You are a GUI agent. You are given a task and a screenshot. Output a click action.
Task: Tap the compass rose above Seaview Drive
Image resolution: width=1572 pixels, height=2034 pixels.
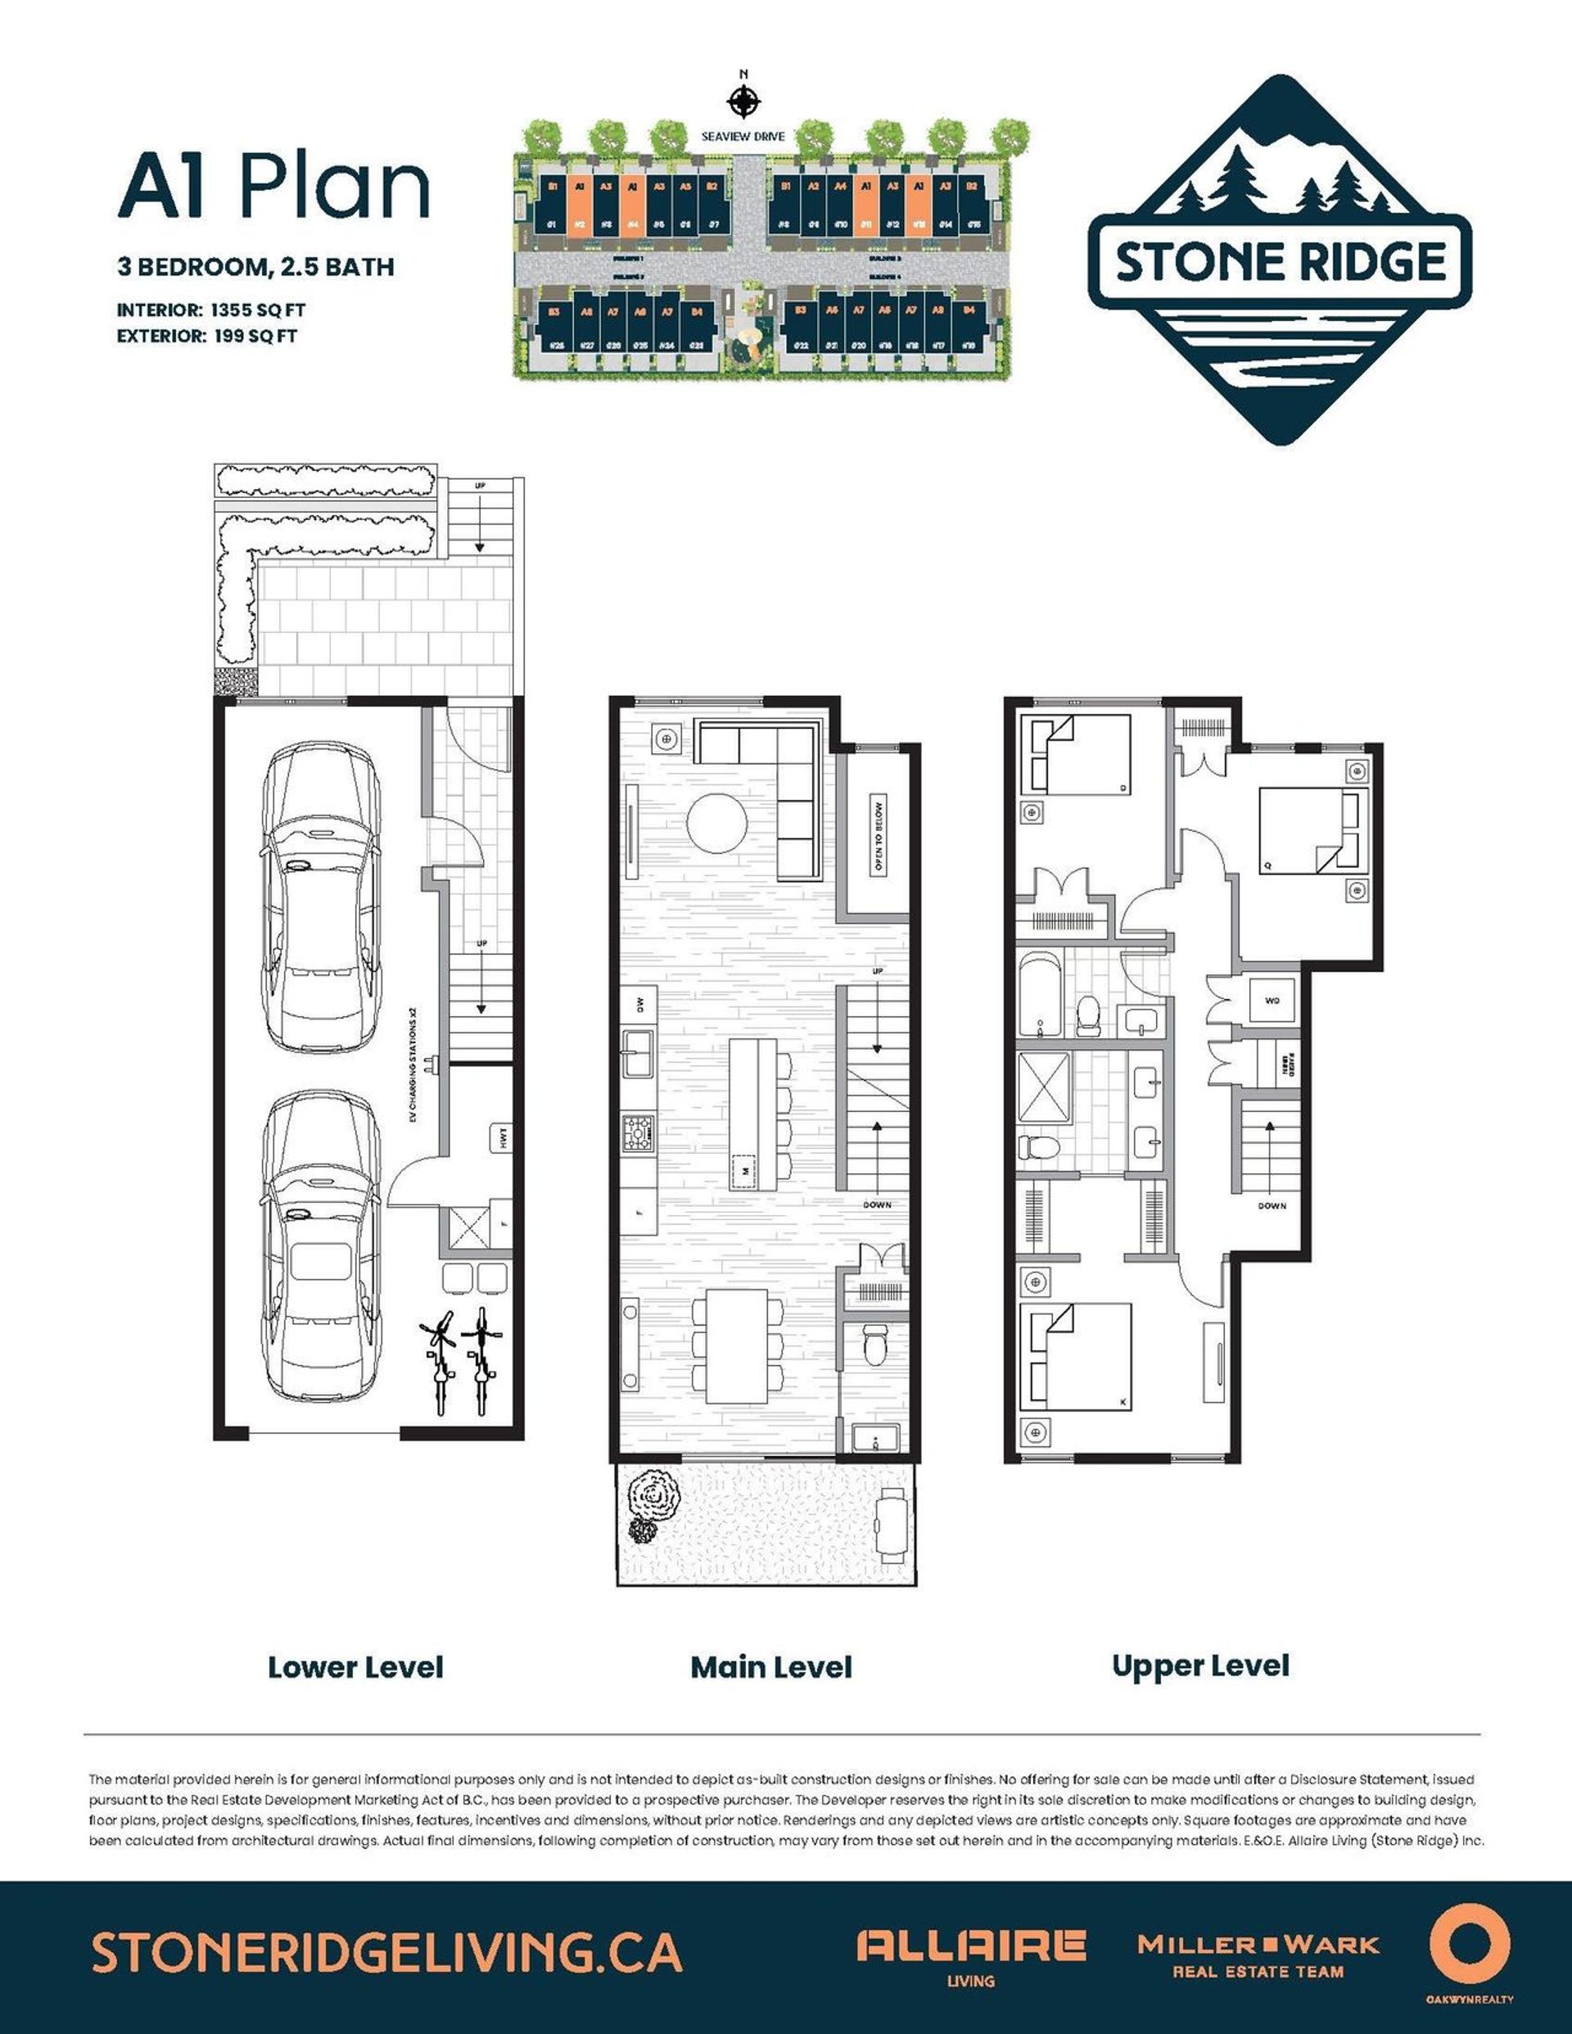[743, 101]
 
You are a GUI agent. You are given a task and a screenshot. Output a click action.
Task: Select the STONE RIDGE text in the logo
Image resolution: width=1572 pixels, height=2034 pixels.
[1281, 262]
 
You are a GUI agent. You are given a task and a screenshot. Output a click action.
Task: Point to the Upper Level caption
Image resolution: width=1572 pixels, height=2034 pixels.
[1200, 1666]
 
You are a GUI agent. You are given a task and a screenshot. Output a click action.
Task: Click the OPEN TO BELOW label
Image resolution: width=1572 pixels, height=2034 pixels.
[877, 835]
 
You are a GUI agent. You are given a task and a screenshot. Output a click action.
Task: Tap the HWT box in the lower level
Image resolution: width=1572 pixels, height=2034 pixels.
[501, 1137]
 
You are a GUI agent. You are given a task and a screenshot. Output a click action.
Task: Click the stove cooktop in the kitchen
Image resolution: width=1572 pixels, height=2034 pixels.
[638, 1132]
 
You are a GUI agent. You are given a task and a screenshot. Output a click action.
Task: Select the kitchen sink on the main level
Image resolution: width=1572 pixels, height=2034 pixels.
[638, 1042]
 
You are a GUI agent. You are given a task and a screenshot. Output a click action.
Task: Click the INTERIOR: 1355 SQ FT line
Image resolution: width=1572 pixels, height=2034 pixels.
[211, 310]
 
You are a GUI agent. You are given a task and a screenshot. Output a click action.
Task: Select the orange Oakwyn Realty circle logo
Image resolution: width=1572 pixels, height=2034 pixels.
[1469, 1945]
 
